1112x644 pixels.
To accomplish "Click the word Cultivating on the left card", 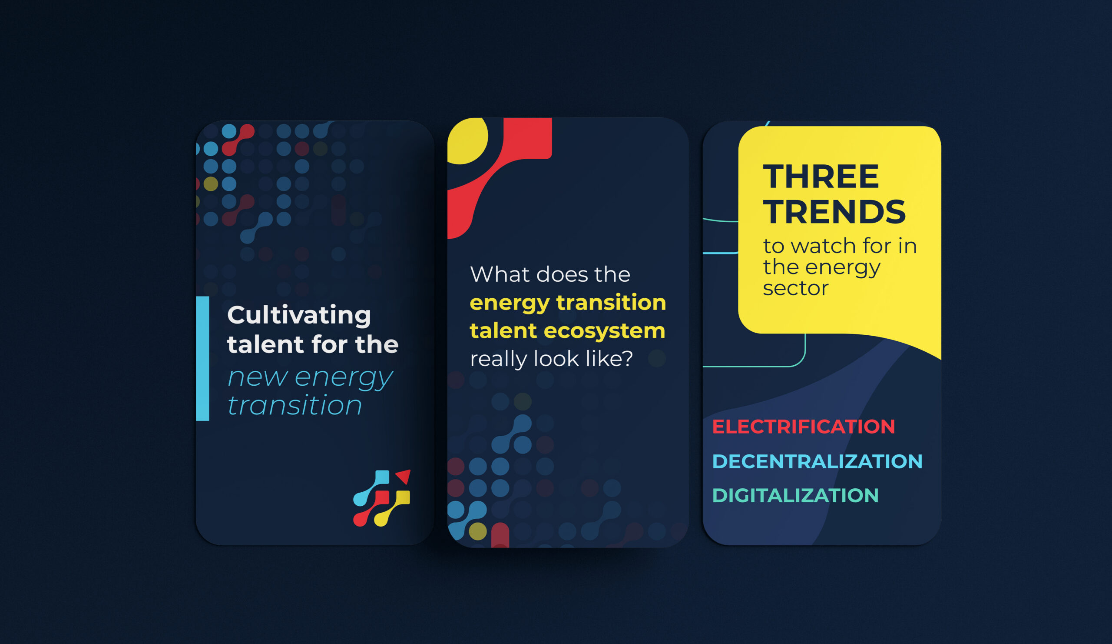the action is point(299,315).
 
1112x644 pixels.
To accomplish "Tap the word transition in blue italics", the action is point(295,405).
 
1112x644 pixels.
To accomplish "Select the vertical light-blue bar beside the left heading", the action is point(202,358).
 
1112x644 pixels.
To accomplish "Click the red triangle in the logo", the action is point(404,477).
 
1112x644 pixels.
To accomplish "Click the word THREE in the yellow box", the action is point(821,177).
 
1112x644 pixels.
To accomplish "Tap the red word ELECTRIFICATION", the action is point(803,427).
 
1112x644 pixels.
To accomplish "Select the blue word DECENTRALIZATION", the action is point(817,461).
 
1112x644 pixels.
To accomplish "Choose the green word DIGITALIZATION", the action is point(795,496).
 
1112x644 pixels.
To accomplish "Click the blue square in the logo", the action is point(382,477).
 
